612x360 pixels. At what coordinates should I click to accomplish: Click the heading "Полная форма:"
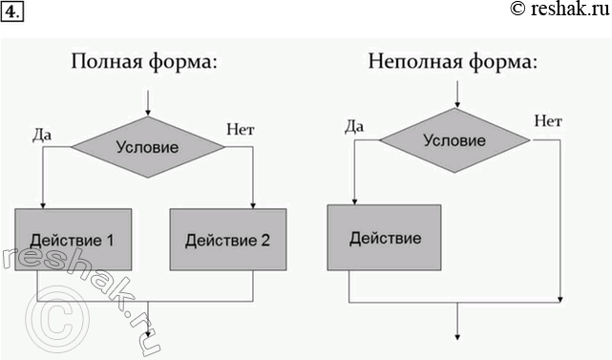pyautogui.click(x=144, y=63)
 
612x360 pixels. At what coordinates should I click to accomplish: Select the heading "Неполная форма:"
pyautogui.click(x=454, y=63)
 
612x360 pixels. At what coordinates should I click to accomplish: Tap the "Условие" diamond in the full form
pyautogui.click(x=147, y=147)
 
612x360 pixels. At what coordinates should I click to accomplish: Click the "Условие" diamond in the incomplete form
pyautogui.click(x=454, y=139)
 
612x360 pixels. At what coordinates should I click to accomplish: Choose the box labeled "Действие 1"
pyautogui.click(x=73, y=239)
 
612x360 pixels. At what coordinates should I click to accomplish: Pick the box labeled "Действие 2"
pyautogui.click(x=227, y=240)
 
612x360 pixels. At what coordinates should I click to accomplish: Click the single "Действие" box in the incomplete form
pyautogui.click(x=385, y=237)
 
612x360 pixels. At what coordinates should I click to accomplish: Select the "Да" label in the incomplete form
pyautogui.click(x=353, y=124)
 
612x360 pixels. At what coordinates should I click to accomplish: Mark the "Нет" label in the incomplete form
pyautogui.click(x=547, y=121)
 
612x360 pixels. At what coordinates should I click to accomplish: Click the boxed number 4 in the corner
pyautogui.click(x=11, y=11)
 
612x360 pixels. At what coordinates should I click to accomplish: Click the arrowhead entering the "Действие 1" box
pyautogui.click(x=43, y=203)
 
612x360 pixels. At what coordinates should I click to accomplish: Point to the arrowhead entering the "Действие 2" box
pyautogui.click(x=252, y=204)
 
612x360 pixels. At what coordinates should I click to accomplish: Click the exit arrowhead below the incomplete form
pyautogui.click(x=458, y=334)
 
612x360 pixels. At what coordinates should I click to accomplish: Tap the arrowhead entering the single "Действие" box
pyautogui.click(x=354, y=200)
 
